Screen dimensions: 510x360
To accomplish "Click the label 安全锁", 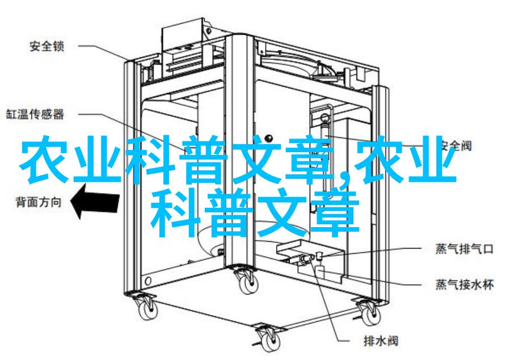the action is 47,46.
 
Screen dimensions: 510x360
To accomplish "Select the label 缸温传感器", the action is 35,114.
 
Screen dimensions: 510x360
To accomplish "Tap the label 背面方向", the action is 39,202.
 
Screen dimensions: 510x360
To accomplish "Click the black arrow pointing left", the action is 95,201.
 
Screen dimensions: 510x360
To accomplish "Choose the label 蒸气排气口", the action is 465,249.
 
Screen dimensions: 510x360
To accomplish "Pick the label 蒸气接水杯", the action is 465,284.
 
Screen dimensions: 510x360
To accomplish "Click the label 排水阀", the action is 381,341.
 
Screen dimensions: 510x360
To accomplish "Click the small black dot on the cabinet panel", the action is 269,137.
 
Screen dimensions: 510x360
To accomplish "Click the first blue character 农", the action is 45,160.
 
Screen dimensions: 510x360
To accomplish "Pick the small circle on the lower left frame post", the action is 149,281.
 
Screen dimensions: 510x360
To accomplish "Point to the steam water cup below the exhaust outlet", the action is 321,272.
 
